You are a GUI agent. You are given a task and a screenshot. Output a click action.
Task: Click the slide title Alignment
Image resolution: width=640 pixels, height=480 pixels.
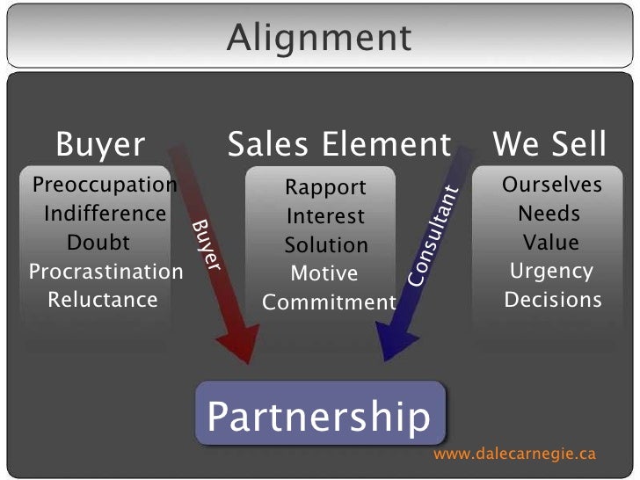coord(318,38)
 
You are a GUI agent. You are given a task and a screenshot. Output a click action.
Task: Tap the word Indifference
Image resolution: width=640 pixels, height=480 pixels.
coord(105,214)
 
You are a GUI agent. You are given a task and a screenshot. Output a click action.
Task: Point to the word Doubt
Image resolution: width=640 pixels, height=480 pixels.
coord(98,242)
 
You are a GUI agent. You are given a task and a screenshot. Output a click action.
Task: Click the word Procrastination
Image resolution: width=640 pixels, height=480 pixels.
coord(106,271)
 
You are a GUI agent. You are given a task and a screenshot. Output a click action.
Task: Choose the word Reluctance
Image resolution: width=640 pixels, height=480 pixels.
coord(103,300)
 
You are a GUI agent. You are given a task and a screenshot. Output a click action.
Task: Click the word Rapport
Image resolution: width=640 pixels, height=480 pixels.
coord(325,187)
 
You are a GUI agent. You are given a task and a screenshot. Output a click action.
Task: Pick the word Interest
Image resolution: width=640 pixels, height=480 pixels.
coord(325,216)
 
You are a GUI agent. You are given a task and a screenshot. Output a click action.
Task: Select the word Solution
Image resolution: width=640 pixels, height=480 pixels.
coord(326,245)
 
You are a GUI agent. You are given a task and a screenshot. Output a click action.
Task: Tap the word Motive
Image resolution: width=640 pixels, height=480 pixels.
coord(324,274)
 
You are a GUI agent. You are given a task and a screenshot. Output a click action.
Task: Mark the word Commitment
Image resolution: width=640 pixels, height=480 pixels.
coord(330,303)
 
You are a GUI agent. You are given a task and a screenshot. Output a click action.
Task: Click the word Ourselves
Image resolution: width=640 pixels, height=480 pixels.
coord(552,185)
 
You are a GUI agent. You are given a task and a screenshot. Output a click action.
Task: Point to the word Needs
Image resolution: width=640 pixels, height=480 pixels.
coord(549,214)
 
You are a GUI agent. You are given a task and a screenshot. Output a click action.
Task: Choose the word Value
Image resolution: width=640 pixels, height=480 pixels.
coord(551,242)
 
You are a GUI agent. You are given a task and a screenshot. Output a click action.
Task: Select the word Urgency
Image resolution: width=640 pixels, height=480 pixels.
coord(552,271)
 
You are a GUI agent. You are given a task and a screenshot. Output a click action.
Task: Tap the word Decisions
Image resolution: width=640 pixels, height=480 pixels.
coord(553,300)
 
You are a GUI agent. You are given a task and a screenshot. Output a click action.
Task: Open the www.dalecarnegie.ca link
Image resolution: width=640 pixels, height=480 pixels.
coord(515,454)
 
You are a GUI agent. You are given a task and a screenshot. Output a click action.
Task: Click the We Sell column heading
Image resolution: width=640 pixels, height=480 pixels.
coord(549,143)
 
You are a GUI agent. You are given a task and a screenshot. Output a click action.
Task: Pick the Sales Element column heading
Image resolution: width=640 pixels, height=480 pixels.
coord(338,143)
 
